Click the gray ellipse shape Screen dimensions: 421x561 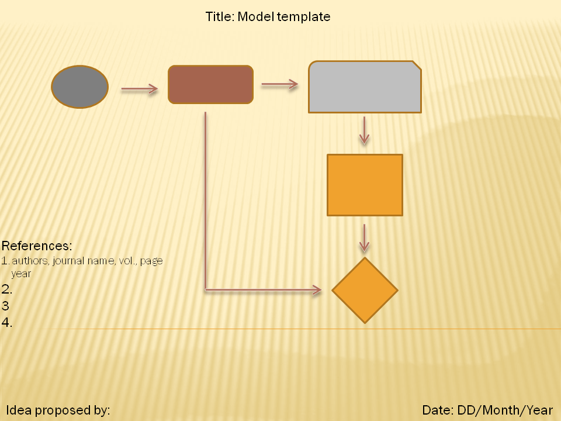tap(80, 87)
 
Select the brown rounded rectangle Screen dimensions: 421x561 tap(210, 85)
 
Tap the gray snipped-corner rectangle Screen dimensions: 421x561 tap(364, 87)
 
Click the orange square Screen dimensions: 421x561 tap(365, 185)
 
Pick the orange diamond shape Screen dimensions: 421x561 tap(365, 290)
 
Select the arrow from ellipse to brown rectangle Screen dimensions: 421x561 tap(139, 89)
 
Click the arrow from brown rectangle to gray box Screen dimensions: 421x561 tap(279, 84)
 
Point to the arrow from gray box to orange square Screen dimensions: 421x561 tap(364, 130)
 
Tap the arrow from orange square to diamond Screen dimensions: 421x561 tap(364, 237)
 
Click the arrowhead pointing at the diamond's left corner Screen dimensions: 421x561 tap(317, 289)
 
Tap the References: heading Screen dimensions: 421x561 tap(37, 246)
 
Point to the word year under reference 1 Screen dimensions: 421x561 tap(21, 273)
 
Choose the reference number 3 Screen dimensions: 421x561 tap(5, 306)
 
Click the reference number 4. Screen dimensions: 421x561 tap(7, 322)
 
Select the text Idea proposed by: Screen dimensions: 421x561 tap(58, 410)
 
